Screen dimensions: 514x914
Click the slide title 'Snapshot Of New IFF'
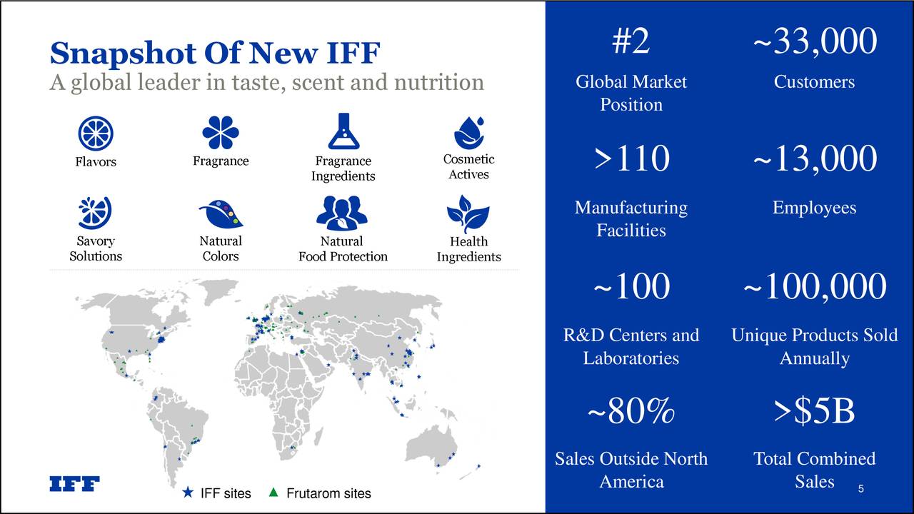pos(215,53)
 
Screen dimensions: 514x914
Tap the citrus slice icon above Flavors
pos(96,133)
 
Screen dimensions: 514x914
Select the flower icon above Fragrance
pos(221,133)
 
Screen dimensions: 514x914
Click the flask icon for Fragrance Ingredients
pos(343,132)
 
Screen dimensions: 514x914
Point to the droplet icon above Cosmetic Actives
pos(468,133)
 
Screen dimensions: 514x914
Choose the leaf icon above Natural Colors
pos(220,213)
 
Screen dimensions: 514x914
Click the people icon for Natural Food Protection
pos(342,213)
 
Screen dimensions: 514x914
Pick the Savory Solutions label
pos(96,248)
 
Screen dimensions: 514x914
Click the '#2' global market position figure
pos(631,41)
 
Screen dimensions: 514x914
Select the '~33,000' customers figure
pos(814,41)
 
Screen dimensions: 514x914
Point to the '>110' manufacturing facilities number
pos(631,158)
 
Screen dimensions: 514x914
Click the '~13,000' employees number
pos(814,158)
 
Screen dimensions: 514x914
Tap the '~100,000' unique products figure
pos(814,287)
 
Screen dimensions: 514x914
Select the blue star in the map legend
pos(188,493)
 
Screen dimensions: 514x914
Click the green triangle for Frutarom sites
pos(273,493)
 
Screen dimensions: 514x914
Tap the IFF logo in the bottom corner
pos(74,484)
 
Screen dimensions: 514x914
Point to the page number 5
pos(861,489)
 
